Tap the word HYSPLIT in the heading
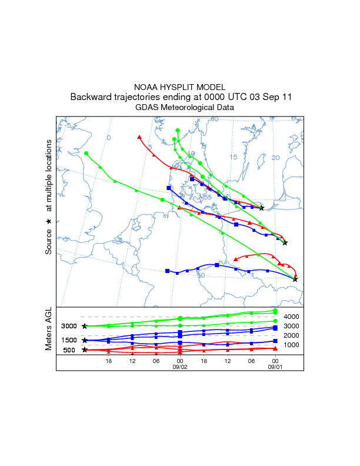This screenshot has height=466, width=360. tap(182, 86)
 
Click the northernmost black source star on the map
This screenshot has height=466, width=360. tap(262, 208)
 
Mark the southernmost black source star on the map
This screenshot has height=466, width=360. tap(295, 279)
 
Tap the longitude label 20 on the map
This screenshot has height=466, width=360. tap(275, 158)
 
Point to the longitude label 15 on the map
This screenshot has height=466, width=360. tap(233, 157)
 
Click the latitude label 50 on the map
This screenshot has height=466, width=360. tap(201, 275)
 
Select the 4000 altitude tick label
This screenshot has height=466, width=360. tap(292, 317)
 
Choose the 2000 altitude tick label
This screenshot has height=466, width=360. tap(292, 335)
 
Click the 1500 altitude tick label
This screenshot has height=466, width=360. tap(69, 340)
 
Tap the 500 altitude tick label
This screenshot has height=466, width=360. tap(69, 350)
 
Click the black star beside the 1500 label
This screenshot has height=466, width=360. tap(85, 340)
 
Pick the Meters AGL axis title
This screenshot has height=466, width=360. tap(49, 330)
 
